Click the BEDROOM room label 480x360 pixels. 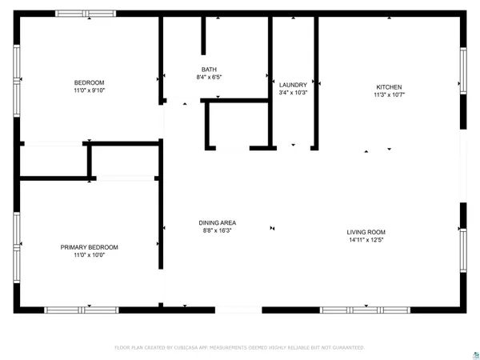tap(89, 83)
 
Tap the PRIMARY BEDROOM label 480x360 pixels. tap(89, 247)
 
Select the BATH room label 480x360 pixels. tap(208, 70)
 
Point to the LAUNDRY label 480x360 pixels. tap(293, 85)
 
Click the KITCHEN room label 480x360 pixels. tap(389, 87)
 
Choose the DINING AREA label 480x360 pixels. tap(218, 223)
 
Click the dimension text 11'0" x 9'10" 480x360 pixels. tap(89, 91)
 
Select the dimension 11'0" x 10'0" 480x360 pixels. tap(89, 255)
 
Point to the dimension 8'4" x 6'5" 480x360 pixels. tap(208, 78)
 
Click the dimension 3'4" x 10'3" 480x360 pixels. tap(293, 93)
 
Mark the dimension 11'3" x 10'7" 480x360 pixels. tap(389, 95)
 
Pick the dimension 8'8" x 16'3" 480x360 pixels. tap(218, 231)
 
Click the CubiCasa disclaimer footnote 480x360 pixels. tap(240, 347)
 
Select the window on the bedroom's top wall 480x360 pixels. tap(86, 14)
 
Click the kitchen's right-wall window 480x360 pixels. tap(462, 70)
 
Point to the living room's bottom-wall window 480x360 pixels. tap(366, 310)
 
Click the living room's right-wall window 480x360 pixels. tap(462, 251)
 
